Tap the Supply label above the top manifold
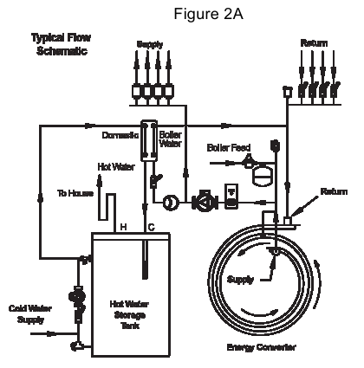tap(150, 43)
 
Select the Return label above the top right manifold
tap(314, 42)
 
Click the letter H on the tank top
tap(123, 226)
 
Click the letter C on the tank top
tap(152, 226)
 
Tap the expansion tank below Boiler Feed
tap(258, 175)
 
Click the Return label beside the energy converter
tap(334, 190)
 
